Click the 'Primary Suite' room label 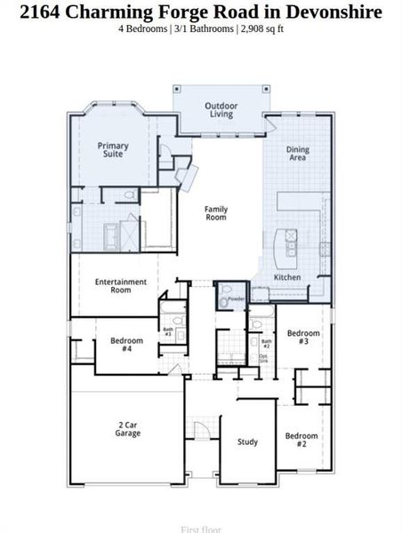coord(113,150)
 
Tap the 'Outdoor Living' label coord(221,109)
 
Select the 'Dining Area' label coord(298,154)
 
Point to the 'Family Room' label coord(216,213)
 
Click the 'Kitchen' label coord(287,278)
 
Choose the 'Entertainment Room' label coord(120,286)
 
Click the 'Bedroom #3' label coord(302,337)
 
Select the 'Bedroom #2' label coord(301,440)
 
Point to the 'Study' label coord(247,442)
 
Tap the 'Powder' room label coord(236,299)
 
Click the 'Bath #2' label coord(266,342)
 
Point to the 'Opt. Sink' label coord(263,360)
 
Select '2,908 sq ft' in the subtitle coord(261,28)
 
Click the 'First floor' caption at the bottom coord(201,529)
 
